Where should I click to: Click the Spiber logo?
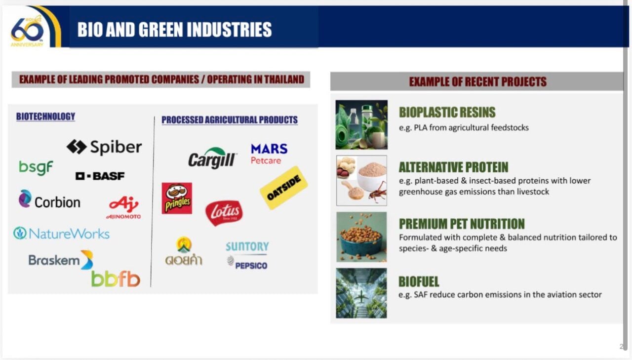click(x=104, y=147)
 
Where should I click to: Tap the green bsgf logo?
click(x=36, y=168)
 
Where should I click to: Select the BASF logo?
click(x=100, y=176)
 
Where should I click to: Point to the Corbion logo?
click(x=50, y=199)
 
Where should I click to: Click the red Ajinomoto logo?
click(x=123, y=207)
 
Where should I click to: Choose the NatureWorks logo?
click(x=61, y=234)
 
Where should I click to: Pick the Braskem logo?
click(x=61, y=260)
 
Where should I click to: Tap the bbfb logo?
click(x=116, y=280)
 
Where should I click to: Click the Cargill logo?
click(x=212, y=158)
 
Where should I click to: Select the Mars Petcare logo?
click(x=269, y=154)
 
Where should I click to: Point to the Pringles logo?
click(x=177, y=198)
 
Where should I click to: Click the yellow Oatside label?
click(x=283, y=188)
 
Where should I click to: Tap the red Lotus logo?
click(x=224, y=213)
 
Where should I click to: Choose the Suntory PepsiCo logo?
click(x=247, y=255)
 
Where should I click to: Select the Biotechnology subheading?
click(x=46, y=117)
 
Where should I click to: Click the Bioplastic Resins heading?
click(x=447, y=112)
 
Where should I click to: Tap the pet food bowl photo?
click(x=361, y=237)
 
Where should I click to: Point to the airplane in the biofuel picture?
click(x=361, y=297)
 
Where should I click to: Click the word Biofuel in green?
click(x=419, y=281)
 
